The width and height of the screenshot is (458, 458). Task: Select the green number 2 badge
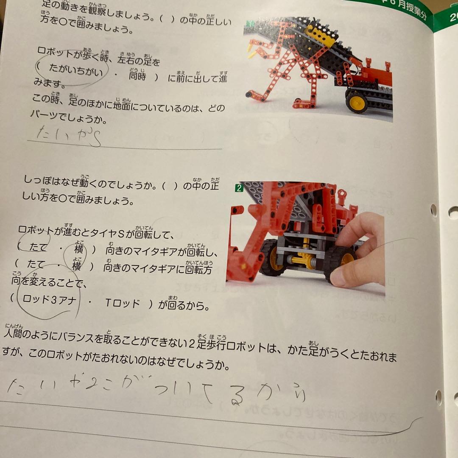[239, 187]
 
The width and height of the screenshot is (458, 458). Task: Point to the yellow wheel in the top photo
[356, 102]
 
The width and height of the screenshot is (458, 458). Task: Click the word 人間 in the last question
[14, 333]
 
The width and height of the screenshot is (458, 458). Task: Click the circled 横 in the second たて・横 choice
[76, 267]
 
